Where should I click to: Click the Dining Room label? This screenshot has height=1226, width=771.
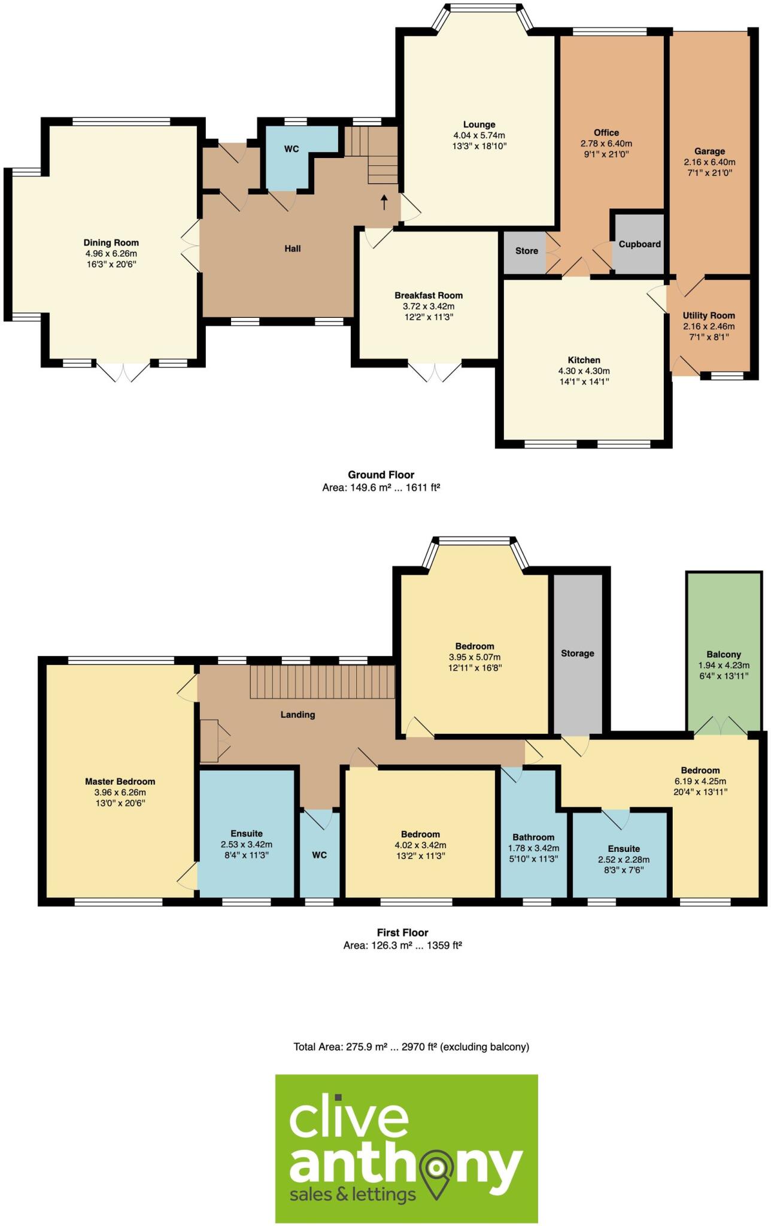[x=111, y=242]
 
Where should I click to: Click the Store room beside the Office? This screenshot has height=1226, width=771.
[x=526, y=251]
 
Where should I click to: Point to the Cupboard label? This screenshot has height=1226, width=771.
[x=639, y=244]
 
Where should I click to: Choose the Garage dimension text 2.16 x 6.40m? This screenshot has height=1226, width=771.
[x=709, y=162]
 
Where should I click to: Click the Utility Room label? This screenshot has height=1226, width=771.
[x=709, y=315]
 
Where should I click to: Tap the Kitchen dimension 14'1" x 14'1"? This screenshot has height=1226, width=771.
[x=584, y=381]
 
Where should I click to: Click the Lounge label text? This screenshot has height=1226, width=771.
[x=479, y=125]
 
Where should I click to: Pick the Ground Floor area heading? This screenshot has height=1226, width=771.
[x=381, y=475]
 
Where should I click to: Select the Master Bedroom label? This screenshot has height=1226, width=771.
[x=120, y=781]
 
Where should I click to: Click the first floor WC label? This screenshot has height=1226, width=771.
[x=319, y=855]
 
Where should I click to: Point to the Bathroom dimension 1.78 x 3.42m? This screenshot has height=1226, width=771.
[x=533, y=848]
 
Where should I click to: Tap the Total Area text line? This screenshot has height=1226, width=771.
[x=411, y=1047]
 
